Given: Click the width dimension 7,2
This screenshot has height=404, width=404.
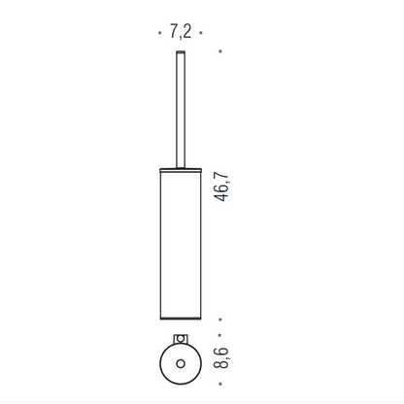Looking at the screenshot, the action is point(181,32).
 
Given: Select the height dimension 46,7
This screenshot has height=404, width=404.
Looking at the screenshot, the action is point(221,187).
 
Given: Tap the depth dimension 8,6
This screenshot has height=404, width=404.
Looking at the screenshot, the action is point(221,358).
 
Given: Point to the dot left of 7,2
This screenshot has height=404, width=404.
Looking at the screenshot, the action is point(160,33).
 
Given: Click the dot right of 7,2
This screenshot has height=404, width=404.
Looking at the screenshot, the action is point(201,33).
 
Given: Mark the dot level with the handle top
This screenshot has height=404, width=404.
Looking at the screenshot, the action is point(220,51).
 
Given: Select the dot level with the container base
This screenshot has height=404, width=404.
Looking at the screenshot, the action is point(220,320).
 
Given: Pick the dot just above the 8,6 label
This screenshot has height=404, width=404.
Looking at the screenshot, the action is point(220,335).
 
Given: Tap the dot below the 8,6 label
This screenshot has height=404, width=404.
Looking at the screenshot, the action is point(220,384).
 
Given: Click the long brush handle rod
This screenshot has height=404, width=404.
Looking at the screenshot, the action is point(181,110).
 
